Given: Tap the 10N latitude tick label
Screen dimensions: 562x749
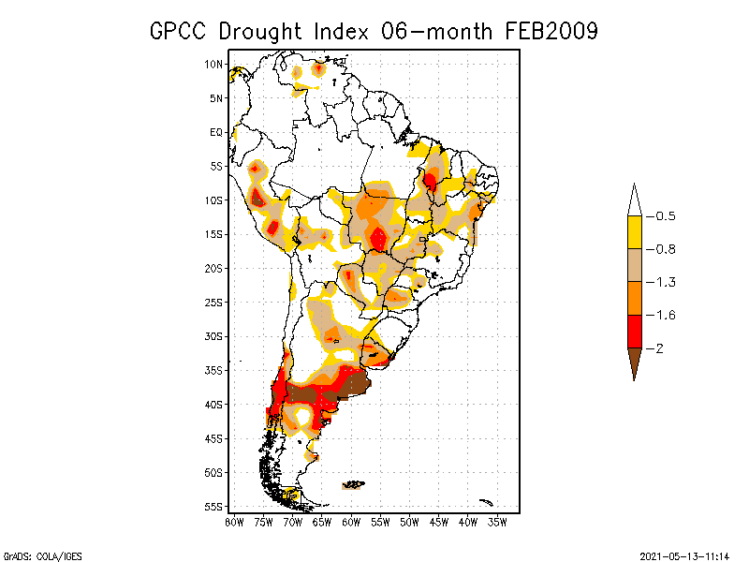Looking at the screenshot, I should pos(213,64).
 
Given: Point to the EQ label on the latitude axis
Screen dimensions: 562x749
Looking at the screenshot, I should pos(216,132).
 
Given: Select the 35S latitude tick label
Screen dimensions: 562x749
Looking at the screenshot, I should pos(213,370).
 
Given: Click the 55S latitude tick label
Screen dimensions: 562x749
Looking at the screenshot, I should pos(213,507).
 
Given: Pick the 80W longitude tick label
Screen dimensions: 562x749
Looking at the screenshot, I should pos(234,522).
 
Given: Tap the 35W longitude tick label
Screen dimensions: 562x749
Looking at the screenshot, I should pos(498,522).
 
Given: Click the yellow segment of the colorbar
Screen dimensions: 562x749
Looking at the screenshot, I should pos(634,232).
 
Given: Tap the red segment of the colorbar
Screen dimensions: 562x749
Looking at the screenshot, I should pos(634,331).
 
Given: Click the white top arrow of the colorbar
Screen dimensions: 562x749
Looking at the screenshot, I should pos(634,200).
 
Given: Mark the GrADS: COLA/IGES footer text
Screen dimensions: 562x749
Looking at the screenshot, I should pos(34,555).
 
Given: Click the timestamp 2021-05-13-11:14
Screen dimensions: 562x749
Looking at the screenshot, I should pos(684,555).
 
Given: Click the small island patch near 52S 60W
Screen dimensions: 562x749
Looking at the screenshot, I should pos(353,485).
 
